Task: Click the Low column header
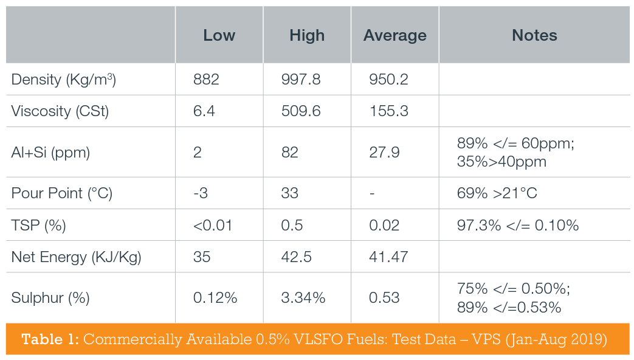pos(219,35)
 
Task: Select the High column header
pos(307,35)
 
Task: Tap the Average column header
pos(395,35)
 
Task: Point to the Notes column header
pos(534,35)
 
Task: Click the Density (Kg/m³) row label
pos(64,80)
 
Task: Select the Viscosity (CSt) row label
pos(60,111)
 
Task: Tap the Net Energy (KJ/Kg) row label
pos(77,257)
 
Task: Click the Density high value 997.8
pos(301,80)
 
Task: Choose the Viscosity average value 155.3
pos(388,111)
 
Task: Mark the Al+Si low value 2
pos(198,152)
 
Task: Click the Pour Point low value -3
pos(200,193)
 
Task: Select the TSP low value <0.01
pos(212,225)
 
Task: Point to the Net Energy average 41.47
pos(388,257)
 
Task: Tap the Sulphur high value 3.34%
pos(303,297)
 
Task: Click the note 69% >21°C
pos(497,193)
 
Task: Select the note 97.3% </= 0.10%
pos(517,225)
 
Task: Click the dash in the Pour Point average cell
pos(372,193)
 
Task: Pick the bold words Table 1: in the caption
pos(50,339)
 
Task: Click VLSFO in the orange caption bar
pos(322,339)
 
